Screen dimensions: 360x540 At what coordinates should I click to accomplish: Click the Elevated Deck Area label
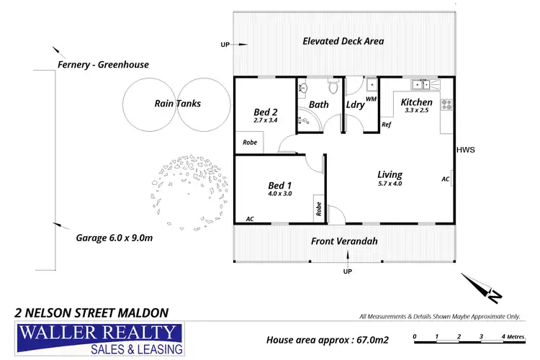click(343, 42)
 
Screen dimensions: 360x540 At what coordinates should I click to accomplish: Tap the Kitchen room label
click(416, 102)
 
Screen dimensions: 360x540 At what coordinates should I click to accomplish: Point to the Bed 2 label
click(266, 112)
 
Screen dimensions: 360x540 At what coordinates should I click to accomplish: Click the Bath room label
click(319, 105)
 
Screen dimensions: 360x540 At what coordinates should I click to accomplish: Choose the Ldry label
click(355, 105)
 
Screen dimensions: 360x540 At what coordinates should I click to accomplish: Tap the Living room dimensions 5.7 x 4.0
click(390, 184)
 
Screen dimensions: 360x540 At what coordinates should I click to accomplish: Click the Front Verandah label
click(344, 242)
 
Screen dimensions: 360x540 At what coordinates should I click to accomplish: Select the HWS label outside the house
click(465, 150)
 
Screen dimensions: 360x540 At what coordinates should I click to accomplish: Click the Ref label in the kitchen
click(386, 125)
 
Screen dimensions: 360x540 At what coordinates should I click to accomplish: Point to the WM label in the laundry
click(371, 99)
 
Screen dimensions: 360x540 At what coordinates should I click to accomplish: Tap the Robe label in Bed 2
click(249, 143)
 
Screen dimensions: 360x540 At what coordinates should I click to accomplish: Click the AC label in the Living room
click(446, 179)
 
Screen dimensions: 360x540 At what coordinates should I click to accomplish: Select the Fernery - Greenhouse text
click(103, 65)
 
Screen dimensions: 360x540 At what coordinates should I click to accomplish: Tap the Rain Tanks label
click(177, 104)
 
